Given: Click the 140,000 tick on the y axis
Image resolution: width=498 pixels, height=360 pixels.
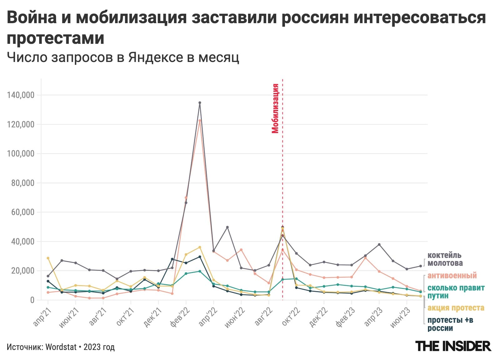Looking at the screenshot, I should coord(21,95).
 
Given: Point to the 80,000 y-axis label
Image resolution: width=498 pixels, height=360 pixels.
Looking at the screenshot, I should coord(23,183).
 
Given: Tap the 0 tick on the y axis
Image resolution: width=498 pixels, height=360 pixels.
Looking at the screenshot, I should coord(32,300).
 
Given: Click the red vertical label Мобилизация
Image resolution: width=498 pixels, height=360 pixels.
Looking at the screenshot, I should coord(275,108).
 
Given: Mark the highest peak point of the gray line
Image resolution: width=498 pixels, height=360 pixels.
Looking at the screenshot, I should coord(200,103).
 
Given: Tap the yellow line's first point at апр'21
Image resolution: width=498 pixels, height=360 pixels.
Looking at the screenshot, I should coord(48,258).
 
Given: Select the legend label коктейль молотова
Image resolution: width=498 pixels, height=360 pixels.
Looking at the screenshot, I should coord(445,259).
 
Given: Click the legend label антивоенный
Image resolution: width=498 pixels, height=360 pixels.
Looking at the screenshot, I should coord(452,275).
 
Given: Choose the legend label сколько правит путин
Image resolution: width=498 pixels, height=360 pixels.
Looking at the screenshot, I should coord(456,292).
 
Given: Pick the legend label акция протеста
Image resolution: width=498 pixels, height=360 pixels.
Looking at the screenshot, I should coord(456,308).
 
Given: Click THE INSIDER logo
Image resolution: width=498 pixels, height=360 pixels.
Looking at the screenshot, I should coord(453,346).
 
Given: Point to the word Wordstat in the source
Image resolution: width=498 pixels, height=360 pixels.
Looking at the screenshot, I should coord(61,347).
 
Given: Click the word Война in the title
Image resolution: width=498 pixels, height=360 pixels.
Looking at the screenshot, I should coord(32,18).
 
